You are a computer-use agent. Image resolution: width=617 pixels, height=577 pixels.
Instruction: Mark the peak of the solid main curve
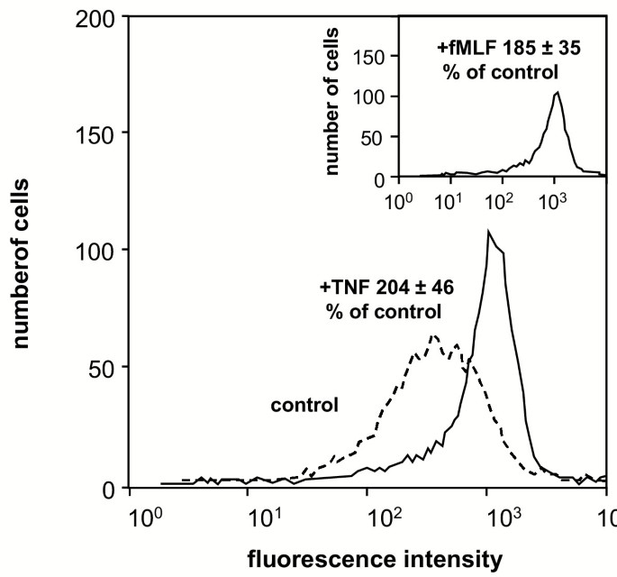488,232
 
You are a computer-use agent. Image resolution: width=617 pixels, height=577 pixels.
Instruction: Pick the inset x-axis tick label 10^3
556,196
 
